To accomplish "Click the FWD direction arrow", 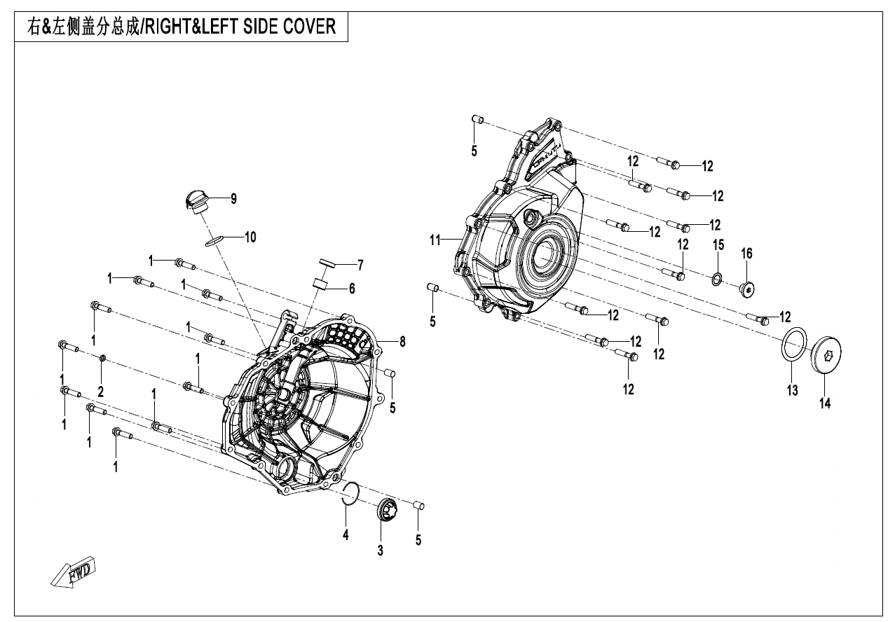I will coord(74,574).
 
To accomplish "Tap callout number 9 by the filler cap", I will coord(233,199).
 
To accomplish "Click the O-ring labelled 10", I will coord(214,241).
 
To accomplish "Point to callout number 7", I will coord(360,265).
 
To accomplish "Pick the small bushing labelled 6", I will coord(322,284).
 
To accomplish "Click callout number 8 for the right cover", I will coord(402,342).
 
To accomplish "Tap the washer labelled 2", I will coord(103,359).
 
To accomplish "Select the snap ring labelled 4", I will coord(351,494).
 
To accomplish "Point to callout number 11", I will coord(435,240).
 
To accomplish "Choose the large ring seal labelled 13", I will coord(793,345).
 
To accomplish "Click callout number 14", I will coord(825,403).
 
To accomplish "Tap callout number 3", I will coord(380,551).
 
